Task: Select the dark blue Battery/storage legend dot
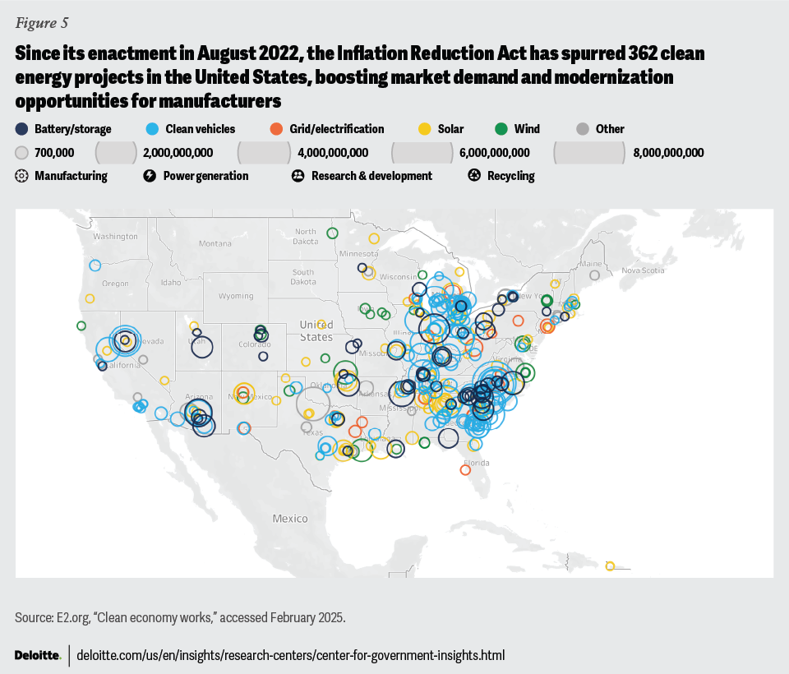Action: pos(22,129)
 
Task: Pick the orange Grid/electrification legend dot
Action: pos(276,129)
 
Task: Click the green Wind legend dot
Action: pos(500,129)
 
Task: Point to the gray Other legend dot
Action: pos(582,129)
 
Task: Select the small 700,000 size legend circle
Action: pos(22,153)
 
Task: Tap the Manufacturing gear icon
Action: pos(22,176)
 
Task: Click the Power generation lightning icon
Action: pos(150,176)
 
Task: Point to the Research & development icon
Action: pos(298,176)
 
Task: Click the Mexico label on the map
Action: pos(290,519)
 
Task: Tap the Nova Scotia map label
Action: pos(642,270)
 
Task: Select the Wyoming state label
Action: pos(235,296)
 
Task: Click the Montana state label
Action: pos(215,243)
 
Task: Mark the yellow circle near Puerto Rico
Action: pos(610,566)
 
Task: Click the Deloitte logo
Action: pos(38,655)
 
